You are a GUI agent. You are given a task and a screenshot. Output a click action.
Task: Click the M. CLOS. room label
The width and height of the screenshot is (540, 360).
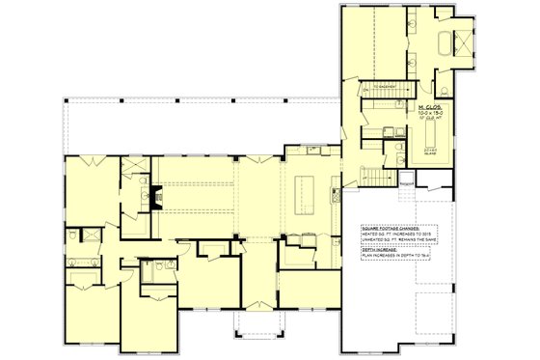click(428, 106)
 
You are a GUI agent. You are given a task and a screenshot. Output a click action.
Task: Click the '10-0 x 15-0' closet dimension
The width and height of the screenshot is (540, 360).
click(428, 113)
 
